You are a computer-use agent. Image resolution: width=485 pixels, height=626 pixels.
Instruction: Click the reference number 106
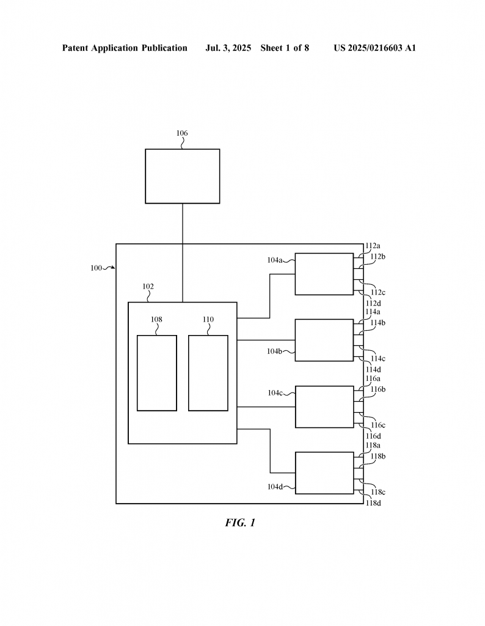(x=182, y=133)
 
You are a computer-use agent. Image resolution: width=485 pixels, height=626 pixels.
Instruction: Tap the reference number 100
(x=96, y=268)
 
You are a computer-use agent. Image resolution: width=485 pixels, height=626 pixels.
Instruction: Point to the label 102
(x=148, y=286)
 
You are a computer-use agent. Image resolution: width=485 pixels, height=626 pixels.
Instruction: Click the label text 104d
(x=275, y=487)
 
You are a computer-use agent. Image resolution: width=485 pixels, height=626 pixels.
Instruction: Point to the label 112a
(x=373, y=246)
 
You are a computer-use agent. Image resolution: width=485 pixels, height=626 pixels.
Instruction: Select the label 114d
(x=373, y=370)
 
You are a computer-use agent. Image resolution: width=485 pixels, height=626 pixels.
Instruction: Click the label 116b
(x=378, y=389)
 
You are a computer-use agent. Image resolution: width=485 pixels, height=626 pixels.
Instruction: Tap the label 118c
(x=378, y=492)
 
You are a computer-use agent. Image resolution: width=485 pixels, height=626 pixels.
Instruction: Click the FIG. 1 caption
(x=240, y=523)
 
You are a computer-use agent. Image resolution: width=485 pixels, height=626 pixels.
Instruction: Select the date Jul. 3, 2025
(x=228, y=48)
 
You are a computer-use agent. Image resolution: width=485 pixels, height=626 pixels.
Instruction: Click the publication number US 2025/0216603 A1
(x=375, y=48)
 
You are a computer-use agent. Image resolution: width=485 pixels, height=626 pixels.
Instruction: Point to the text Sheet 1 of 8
(x=285, y=48)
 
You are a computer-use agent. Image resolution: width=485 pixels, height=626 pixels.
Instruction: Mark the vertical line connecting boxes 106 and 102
(x=183, y=253)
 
